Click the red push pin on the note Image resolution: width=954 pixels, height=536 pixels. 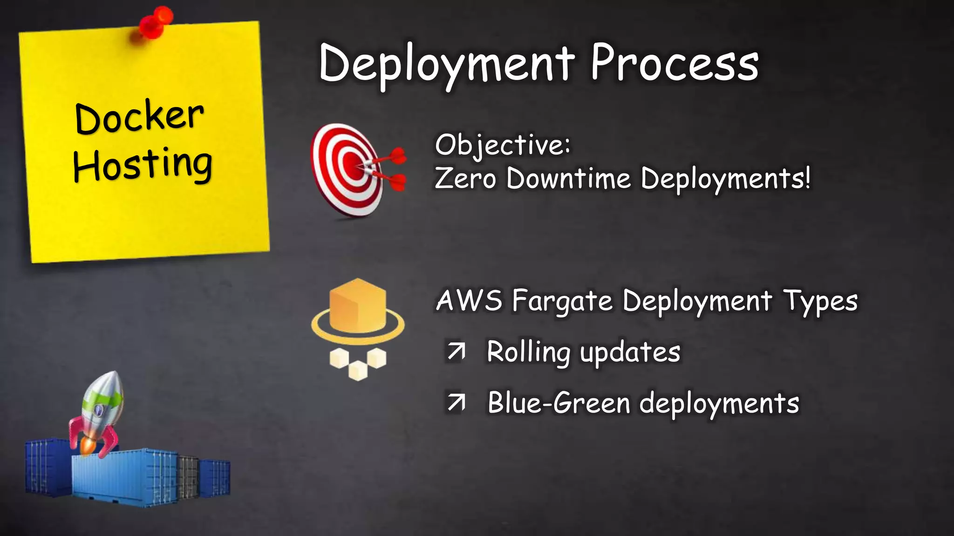coord(155,23)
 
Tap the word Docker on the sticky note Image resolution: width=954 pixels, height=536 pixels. coord(139,117)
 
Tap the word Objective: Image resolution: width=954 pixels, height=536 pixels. coord(503,145)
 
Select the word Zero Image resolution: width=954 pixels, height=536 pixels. coord(465,179)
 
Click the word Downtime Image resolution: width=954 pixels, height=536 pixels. coord(568,179)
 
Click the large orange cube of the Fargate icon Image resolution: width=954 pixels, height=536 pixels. coord(358,305)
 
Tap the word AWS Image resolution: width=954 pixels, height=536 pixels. coord(470,301)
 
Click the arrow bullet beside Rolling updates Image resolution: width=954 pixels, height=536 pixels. coord(456,352)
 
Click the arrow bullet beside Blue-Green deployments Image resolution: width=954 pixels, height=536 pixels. coord(456,403)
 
